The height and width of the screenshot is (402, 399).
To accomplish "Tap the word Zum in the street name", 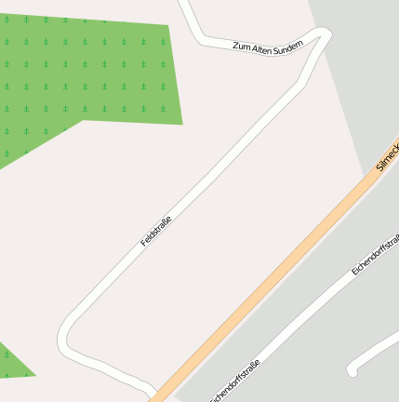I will pyautogui.click(x=242, y=45).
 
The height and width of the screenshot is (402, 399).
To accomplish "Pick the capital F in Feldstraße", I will pyautogui.click(x=144, y=244).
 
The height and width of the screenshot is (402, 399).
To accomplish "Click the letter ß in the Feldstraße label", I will pyautogui.click(x=166, y=221).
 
